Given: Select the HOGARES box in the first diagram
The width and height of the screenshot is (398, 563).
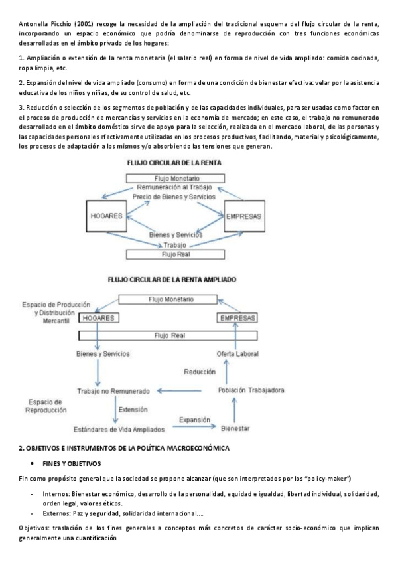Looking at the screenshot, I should coord(109,216).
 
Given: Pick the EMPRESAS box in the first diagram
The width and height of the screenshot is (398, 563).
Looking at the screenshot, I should coord(243,217).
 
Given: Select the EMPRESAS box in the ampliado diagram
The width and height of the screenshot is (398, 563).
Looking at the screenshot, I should coord(237,318).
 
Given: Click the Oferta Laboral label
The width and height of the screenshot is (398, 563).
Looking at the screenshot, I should coord(237,353).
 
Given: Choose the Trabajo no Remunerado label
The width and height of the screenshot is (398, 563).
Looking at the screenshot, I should coord(113,391).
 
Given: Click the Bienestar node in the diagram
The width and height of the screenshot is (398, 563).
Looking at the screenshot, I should coord(235,428).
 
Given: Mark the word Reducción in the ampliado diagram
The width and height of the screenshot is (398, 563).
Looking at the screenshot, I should coord(200,372).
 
